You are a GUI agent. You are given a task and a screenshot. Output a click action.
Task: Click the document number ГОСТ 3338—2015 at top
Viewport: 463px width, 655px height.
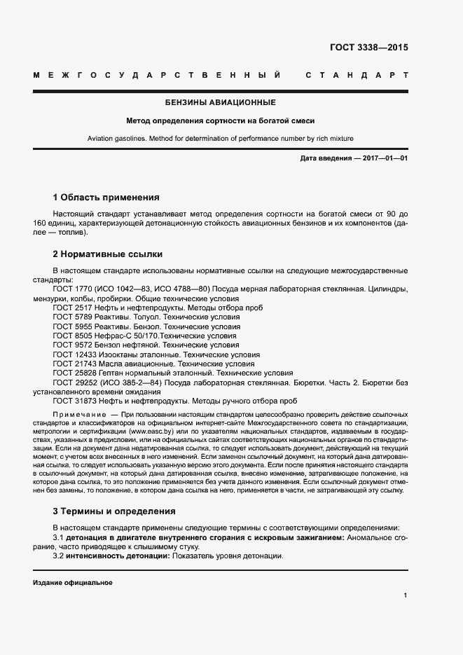pos(368,48)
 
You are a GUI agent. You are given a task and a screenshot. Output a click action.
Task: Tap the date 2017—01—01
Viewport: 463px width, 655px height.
pos(384,158)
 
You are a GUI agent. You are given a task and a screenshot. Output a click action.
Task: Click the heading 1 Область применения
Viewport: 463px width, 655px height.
pos(106,198)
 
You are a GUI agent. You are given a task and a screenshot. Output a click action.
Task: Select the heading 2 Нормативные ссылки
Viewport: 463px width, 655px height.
pos(107,254)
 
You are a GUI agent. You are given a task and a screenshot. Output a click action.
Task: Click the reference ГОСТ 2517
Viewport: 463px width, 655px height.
pos(71,308)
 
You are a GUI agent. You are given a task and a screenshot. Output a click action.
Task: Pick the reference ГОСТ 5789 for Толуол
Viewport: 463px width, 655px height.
pos(71,317)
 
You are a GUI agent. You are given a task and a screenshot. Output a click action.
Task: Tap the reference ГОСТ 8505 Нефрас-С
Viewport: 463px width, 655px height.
pos(71,336)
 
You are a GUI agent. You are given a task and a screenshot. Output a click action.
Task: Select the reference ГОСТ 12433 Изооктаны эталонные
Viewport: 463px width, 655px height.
pos(74,354)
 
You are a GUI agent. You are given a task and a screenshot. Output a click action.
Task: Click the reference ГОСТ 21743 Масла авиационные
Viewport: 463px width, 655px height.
pos(74,364)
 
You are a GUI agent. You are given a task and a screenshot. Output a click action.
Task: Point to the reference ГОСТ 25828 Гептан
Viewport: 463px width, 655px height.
pos(74,373)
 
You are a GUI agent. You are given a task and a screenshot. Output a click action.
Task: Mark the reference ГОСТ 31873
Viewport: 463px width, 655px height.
pos(74,401)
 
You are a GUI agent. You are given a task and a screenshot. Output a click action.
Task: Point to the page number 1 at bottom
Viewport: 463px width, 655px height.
pos(406,596)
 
